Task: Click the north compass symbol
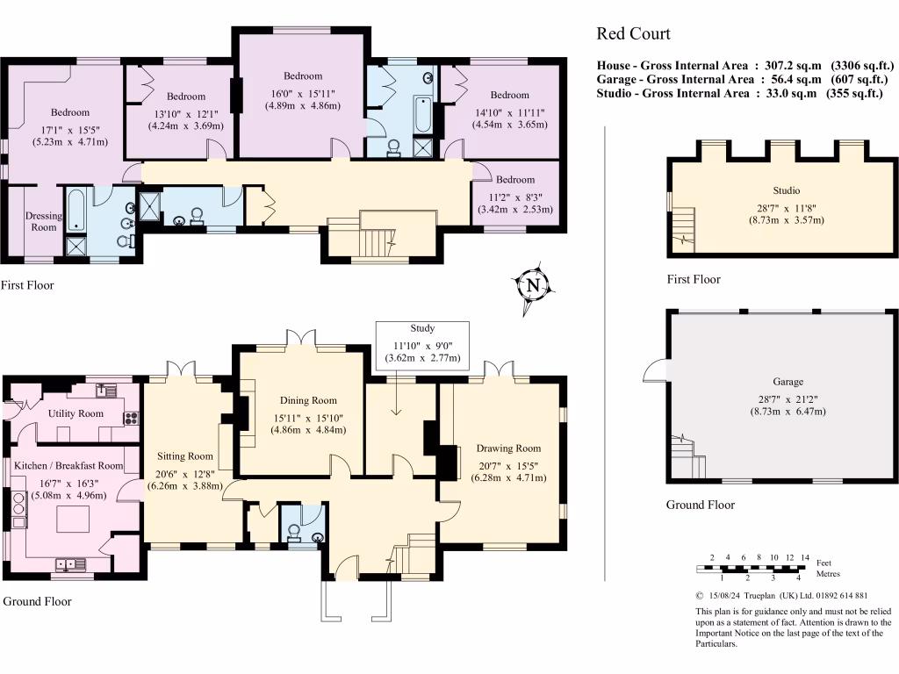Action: [531, 285]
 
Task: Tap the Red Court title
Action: [633, 34]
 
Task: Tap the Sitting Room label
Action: [185, 456]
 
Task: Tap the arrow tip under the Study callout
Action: [396, 414]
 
